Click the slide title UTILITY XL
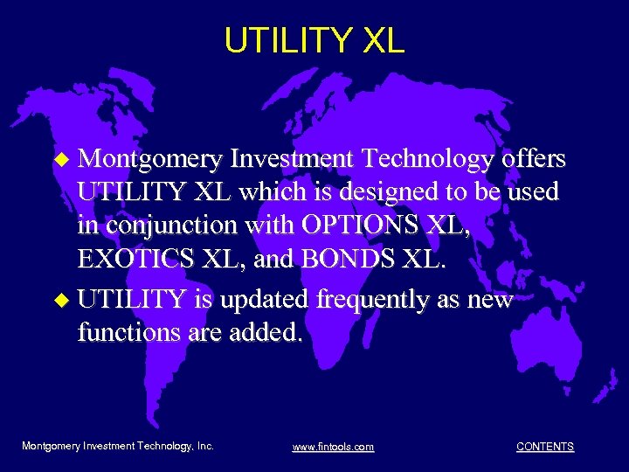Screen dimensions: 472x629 click(x=314, y=40)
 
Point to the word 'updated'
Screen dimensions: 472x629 click(x=266, y=299)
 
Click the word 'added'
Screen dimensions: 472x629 click(x=265, y=333)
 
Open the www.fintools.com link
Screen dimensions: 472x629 click(x=333, y=447)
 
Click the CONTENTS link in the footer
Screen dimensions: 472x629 click(x=545, y=447)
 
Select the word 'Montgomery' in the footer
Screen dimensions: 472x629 click(x=52, y=446)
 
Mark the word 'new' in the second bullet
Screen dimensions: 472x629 click(x=493, y=300)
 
